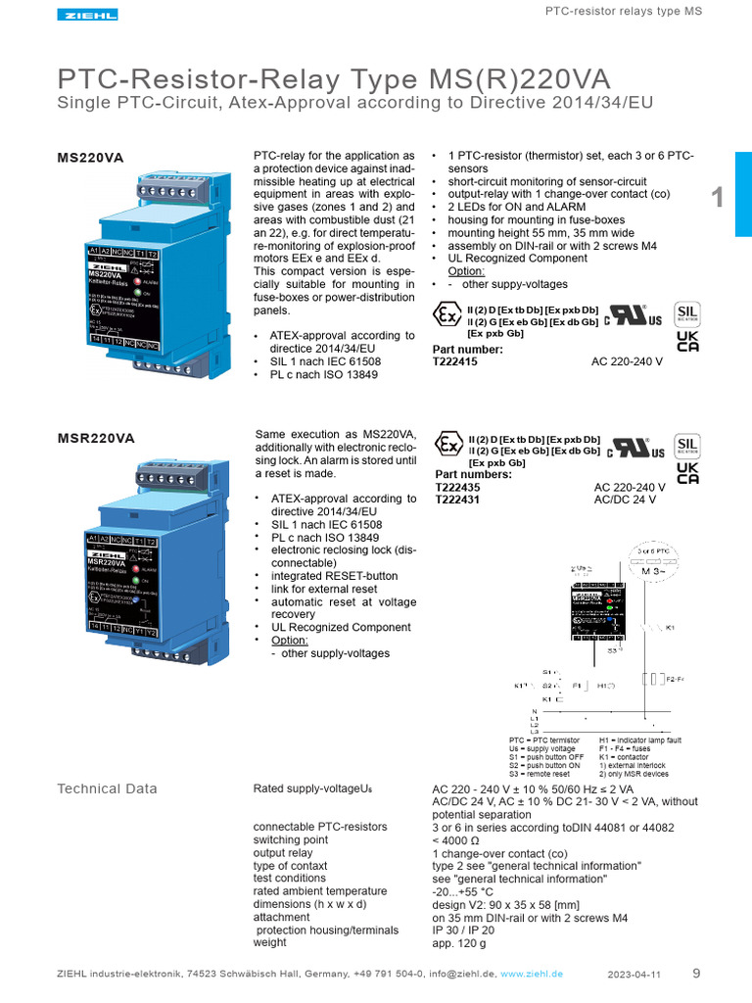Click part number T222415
click(455, 361)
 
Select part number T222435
click(457, 487)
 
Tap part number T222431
click(457, 500)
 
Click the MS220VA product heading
click(91, 157)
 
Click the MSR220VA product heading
click(96, 438)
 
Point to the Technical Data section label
click(107, 788)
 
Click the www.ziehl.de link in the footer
click(532, 975)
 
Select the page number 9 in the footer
click(696, 974)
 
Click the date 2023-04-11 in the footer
click(634, 975)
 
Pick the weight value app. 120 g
click(459, 943)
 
